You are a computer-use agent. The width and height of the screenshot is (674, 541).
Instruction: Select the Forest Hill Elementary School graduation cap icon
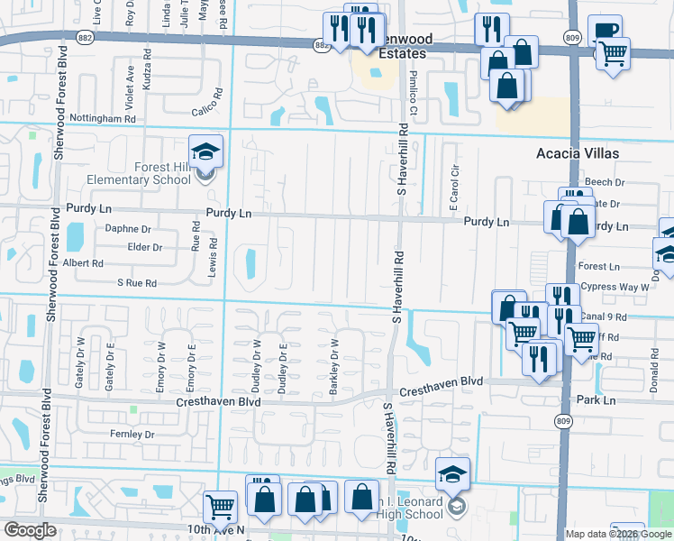(x=205, y=151)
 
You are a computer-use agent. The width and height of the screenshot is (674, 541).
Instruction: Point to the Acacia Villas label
(x=578, y=153)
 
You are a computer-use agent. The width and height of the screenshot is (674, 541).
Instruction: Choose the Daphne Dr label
(x=128, y=229)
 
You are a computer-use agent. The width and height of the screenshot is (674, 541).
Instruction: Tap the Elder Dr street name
(x=145, y=247)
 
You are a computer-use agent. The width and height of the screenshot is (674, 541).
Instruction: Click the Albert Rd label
(x=83, y=263)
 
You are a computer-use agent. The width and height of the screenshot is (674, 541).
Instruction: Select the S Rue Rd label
(x=137, y=283)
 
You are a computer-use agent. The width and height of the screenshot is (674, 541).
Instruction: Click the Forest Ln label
(x=599, y=267)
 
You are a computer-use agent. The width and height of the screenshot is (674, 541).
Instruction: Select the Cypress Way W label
(x=615, y=287)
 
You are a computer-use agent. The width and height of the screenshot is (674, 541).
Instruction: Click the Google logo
(x=30, y=530)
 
